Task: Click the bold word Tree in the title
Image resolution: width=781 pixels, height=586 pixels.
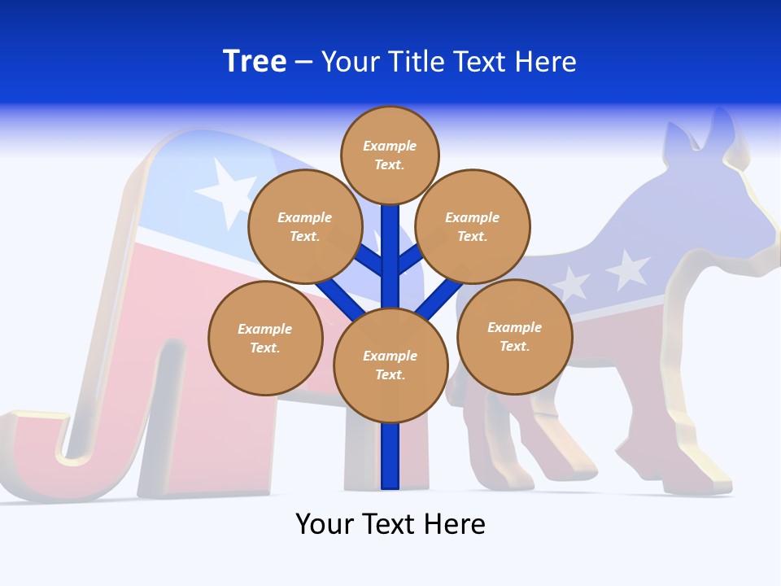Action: click(x=255, y=62)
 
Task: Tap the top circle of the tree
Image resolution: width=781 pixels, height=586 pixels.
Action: click(x=390, y=155)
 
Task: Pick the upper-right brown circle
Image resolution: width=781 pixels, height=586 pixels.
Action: click(x=473, y=226)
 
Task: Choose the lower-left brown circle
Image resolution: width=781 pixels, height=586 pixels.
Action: click(x=265, y=338)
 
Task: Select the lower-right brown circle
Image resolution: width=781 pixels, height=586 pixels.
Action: click(x=514, y=336)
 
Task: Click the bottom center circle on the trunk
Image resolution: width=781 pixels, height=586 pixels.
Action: click(x=390, y=365)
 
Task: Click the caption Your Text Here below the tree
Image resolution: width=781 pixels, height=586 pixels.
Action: click(x=390, y=523)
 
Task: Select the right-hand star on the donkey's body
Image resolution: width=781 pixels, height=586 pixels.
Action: click(x=628, y=269)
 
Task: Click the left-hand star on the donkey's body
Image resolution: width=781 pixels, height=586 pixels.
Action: click(x=571, y=284)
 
